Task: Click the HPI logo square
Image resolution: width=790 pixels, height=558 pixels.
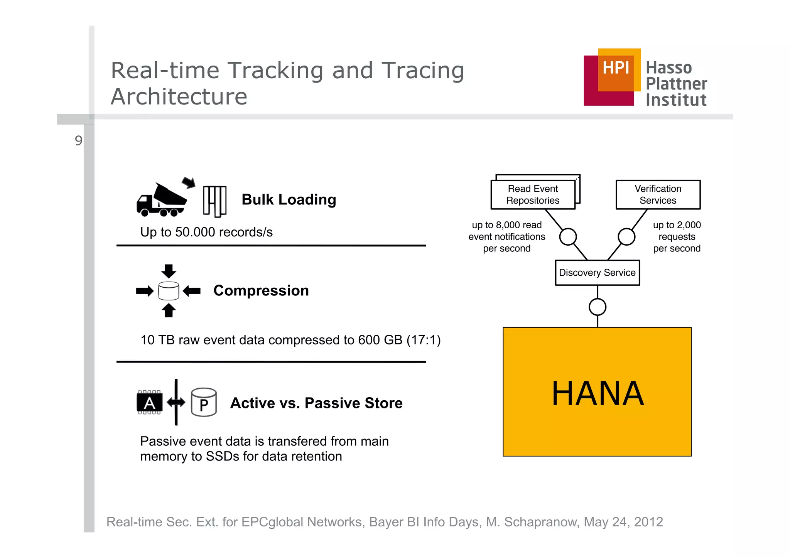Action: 612,77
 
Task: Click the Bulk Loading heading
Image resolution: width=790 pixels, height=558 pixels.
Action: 289,200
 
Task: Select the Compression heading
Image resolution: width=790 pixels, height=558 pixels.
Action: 261,290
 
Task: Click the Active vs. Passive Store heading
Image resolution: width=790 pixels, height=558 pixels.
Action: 316,403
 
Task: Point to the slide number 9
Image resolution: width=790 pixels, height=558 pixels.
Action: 78,141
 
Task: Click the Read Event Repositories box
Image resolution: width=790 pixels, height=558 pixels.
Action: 533,195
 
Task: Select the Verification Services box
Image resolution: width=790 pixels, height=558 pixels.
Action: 658,195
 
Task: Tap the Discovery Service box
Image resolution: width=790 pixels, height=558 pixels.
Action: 597,273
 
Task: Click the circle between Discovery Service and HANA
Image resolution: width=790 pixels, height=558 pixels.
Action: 598,307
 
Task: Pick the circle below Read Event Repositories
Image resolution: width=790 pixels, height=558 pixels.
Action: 568,236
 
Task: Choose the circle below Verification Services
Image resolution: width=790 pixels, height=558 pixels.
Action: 626,236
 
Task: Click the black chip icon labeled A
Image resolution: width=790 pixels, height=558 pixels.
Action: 150,403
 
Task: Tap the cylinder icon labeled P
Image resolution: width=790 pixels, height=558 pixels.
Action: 204,403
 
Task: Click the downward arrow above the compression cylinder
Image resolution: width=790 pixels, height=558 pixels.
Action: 169,271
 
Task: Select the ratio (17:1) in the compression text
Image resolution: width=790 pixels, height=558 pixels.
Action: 423,340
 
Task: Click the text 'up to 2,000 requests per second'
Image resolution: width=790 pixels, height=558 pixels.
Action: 677,236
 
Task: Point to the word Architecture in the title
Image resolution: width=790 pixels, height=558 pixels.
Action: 179,96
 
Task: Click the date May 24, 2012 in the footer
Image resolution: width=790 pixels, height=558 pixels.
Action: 623,522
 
